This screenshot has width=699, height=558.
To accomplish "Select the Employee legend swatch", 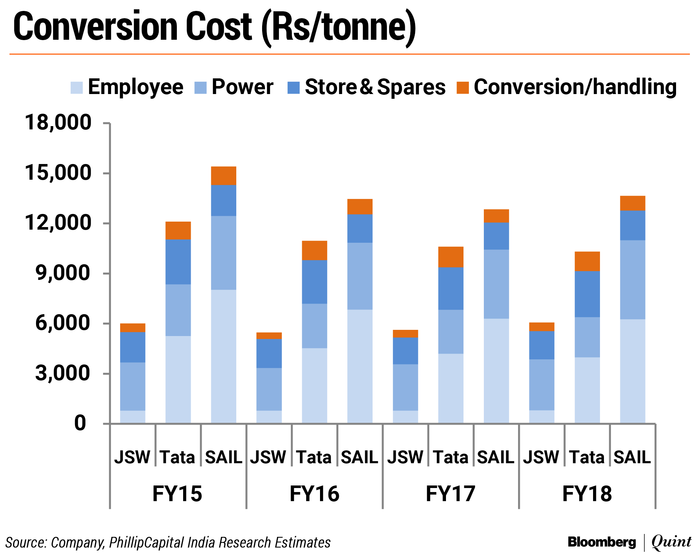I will coord(76,87).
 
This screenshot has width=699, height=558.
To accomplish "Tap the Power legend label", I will coord(242,87).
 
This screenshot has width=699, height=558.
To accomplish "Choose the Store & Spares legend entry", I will coord(375,87).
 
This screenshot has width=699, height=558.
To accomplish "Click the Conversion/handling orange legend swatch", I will coord(462,87).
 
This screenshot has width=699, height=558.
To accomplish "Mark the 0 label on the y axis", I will coord(80,424).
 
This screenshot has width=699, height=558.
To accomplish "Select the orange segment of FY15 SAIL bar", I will coord(224,176).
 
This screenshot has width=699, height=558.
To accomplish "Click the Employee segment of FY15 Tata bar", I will coord(178,379).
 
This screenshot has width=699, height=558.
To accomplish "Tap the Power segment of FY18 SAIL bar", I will coord(632,280).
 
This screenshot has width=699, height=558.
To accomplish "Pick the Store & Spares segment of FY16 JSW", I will coord(269,353).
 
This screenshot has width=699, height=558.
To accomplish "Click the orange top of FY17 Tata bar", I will coord(451,257).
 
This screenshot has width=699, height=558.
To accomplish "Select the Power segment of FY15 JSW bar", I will coord(133,386).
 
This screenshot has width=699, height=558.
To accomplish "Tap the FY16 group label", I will coord(314,494).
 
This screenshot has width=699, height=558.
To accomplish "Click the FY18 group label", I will coord(587,494).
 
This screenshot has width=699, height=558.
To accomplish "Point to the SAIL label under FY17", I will coord(495,457).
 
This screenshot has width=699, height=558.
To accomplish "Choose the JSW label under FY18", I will coord(541,457).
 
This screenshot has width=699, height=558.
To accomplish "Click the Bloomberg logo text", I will coord(602,542).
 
